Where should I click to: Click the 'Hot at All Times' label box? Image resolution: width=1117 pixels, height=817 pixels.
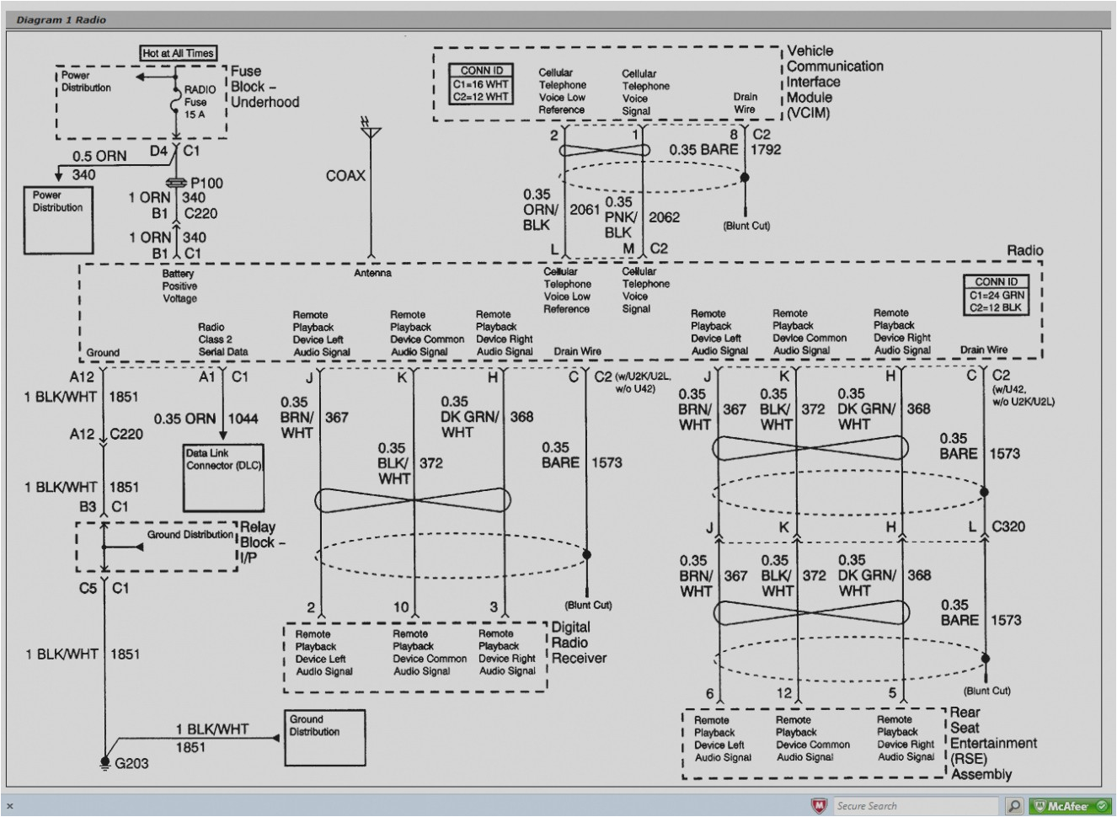click(178, 53)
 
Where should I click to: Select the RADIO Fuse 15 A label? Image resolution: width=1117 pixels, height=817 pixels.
click(199, 101)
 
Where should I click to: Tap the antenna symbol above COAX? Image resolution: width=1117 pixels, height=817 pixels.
click(370, 129)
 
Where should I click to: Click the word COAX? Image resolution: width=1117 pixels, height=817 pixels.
click(345, 176)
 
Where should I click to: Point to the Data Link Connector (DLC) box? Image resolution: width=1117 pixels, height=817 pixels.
click(223, 478)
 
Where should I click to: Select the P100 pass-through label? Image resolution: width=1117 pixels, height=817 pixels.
click(206, 183)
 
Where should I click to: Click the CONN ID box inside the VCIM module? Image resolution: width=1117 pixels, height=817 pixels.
click(481, 84)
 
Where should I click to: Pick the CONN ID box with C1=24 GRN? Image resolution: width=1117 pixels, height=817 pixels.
click(997, 295)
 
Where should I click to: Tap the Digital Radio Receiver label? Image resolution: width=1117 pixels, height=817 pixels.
click(578, 643)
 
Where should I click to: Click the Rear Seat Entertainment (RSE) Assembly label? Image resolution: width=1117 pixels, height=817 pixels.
click(991, 743)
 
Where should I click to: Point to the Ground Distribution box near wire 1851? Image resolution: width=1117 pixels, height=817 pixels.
click(324, 738)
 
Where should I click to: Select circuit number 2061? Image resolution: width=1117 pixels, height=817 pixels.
click(585, 210)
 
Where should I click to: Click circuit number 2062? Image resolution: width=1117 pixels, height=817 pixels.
click(664, 217)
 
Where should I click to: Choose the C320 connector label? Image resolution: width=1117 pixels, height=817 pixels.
click(1008, 526)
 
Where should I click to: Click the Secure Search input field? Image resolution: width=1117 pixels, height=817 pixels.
click(918, 806)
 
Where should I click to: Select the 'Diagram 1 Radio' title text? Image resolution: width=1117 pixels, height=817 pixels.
click(61, 19)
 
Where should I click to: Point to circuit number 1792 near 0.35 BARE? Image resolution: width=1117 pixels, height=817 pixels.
click(766, 150)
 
